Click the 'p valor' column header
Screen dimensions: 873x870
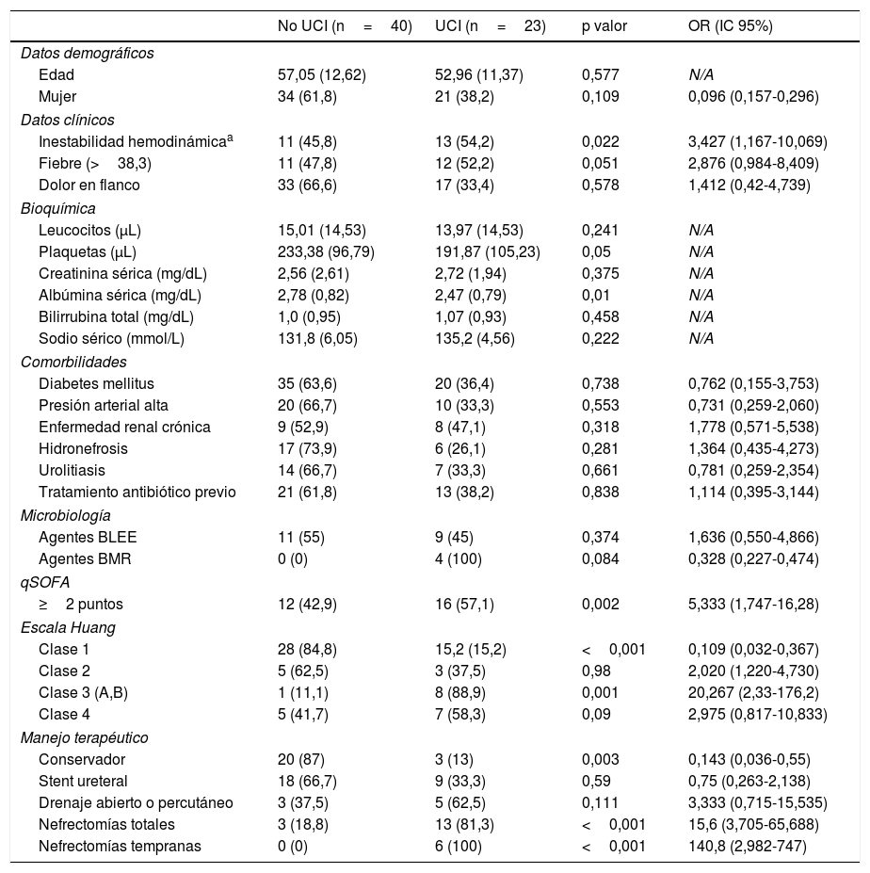[x=604, y=26]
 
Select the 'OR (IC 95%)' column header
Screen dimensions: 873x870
[x=731, y=26]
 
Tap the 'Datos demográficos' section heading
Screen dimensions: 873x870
[x=87, y=53]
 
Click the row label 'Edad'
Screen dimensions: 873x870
[x=56, y=74]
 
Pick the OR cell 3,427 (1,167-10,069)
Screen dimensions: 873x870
[x=757, y=142]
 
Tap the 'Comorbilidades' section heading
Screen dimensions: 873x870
[x=73, y=362]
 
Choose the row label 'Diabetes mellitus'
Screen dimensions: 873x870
[x=96, y=383]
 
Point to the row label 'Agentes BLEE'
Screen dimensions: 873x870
[x=88, y=537]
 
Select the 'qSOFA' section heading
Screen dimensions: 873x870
[x=45, y=582]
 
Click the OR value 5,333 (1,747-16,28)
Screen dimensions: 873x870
[x=753, y=604]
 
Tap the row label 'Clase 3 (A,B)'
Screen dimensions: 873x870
[x=83, y=692]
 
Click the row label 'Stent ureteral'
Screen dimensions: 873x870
[x=83, y=781]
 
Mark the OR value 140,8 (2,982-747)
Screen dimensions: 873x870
[x=748, y=847]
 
